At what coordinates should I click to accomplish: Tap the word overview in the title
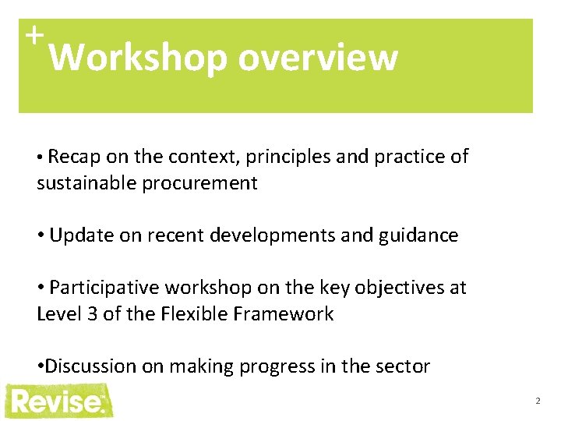tap(318, 58)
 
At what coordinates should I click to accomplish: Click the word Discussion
tap(93, 366)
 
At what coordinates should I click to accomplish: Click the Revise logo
tap(58, 401)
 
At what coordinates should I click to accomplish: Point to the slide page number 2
tap(538, 401)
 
